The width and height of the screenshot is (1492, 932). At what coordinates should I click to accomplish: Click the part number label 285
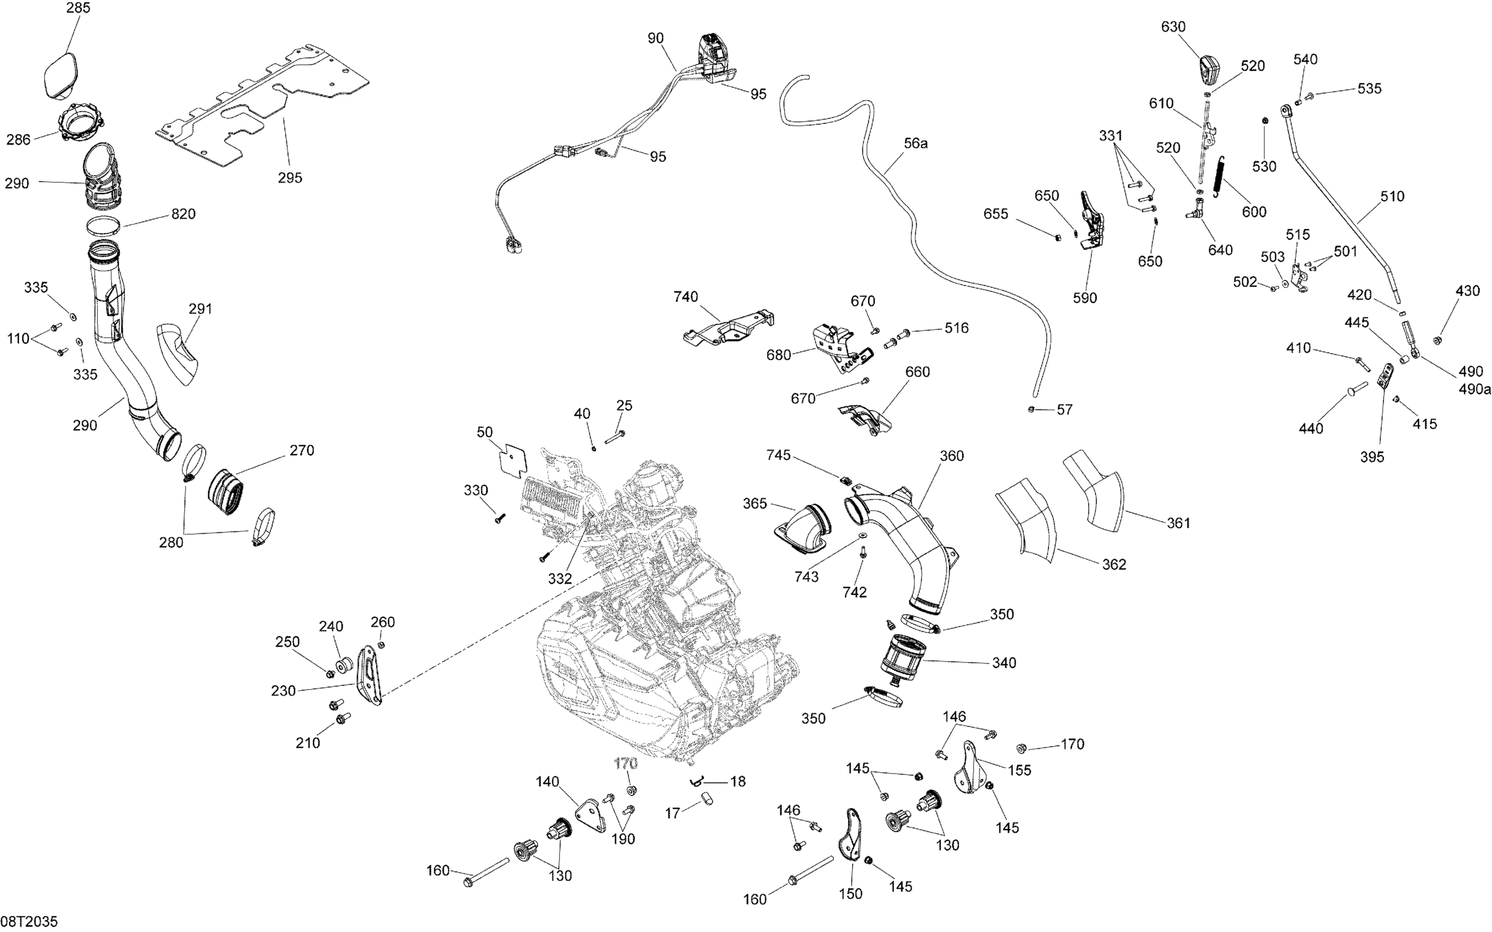(x=78, y=9)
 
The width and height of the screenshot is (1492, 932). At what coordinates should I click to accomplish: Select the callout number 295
(x=290, y=178)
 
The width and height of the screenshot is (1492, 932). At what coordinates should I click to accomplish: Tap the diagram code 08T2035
(x=29, y=922)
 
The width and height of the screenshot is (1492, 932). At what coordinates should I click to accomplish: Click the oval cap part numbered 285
(x=60, y=76)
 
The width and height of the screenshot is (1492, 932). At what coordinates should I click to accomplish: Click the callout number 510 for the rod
(x=1392, y=196)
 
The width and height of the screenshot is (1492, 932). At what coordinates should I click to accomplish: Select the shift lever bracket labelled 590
(x=1091, y=221)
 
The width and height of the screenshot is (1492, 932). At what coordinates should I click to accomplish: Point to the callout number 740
(x=685, y=297)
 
